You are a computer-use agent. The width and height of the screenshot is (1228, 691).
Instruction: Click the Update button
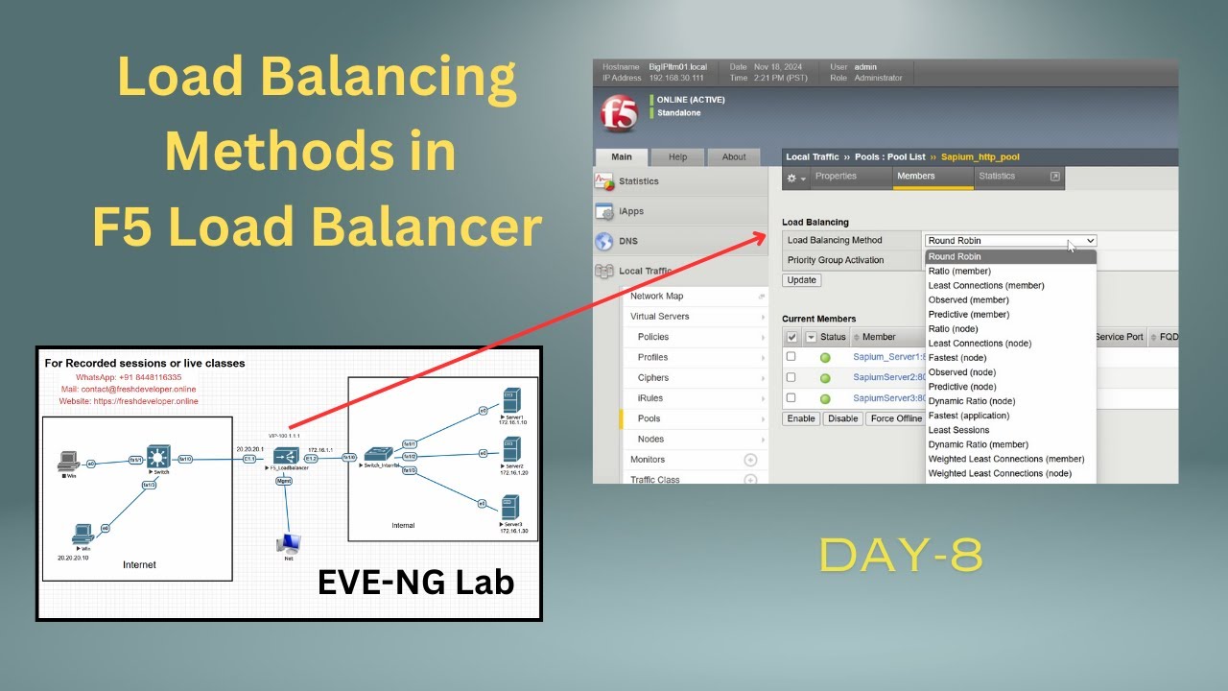click(801, 280)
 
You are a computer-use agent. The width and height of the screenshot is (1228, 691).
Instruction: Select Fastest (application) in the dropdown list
click(968, 416)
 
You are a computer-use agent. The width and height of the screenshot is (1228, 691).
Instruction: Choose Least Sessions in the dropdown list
click(958, 430)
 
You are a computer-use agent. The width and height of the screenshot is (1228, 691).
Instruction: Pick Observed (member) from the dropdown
click(968, 299)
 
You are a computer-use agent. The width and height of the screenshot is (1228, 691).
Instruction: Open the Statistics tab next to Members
click(997, 177)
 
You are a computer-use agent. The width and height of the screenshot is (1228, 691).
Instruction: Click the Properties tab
click(836, 177)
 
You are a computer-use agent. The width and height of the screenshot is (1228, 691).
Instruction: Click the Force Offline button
click(895, 418)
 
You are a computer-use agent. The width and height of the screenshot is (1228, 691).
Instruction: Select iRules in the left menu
click(649, 398)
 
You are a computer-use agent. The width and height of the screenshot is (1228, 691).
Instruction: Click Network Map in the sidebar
click(656, 297)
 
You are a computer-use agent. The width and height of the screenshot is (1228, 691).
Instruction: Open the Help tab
click(677, 157)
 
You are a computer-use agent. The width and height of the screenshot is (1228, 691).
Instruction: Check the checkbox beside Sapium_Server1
click(791, 357)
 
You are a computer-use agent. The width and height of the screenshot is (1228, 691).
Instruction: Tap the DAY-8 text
click(901, 556)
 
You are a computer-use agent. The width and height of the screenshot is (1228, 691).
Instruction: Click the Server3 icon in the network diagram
click(510, 506)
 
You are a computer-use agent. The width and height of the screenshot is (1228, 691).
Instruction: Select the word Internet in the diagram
click(139, 564)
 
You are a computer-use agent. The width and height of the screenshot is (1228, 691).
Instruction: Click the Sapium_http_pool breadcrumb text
click(980, 157)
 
